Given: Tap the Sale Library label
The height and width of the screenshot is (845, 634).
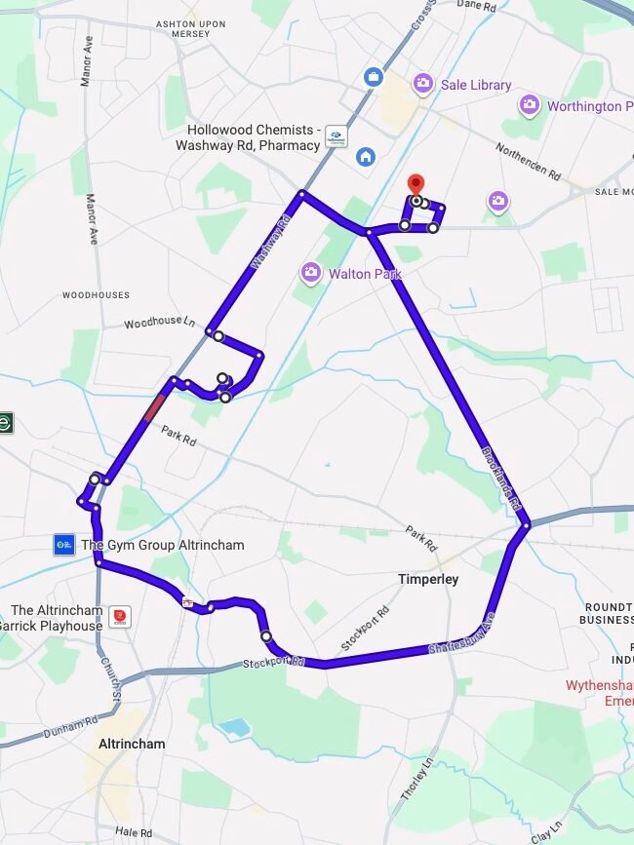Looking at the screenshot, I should tap(475, 85).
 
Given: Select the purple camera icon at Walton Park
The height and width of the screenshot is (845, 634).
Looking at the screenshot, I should tap(311, 273).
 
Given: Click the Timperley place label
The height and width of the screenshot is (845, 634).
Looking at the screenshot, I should tap(428, 579).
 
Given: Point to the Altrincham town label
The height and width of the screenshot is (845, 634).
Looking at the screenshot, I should tap(132, 744).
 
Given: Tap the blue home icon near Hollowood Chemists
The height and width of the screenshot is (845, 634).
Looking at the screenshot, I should tap(366, 156).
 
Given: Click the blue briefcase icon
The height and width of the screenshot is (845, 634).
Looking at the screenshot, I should tap(373, 76).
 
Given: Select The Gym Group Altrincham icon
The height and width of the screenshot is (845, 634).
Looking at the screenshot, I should tap(64, 544).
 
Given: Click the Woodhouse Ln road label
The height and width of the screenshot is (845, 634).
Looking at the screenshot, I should tap(160, 323).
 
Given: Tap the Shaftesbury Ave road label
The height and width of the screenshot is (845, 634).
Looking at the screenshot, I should tap(462, 634).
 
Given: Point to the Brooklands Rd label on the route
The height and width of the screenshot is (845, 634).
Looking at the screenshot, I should tap(502, 478).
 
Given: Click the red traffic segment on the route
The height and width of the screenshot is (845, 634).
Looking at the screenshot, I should tap(153, 406).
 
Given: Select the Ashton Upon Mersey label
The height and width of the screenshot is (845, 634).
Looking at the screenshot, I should tap(169, 27).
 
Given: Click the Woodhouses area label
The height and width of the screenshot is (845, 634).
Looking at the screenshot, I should tap(96, 294).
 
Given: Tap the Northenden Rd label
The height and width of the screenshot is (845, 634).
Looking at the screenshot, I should tap(528, 162).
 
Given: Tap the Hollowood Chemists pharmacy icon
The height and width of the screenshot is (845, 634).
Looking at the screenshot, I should tap(336, 137).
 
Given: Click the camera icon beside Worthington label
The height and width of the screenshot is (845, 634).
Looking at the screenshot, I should tap(530, 104).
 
